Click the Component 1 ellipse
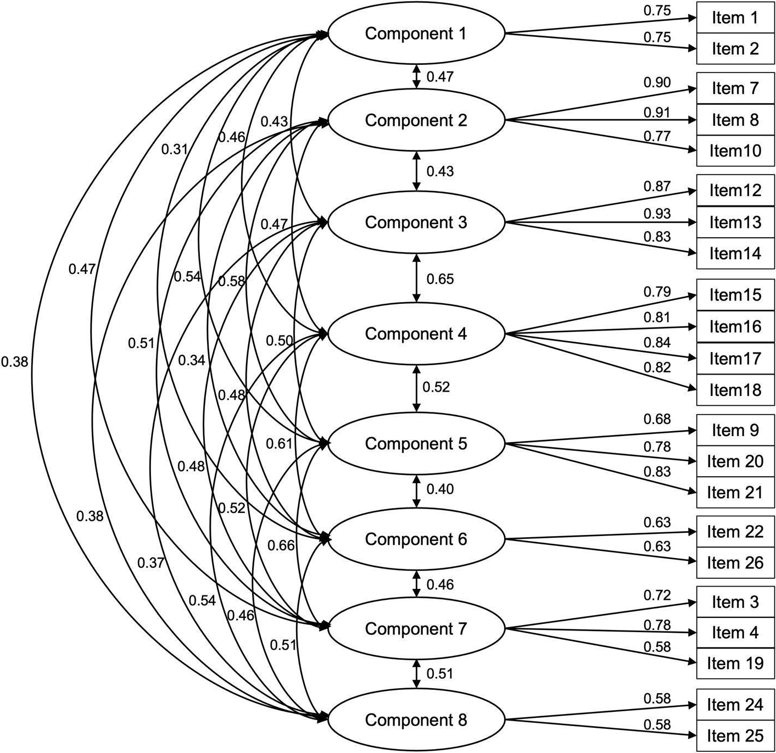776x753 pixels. (x=416, y=34)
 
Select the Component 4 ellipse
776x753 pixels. (x=416, y=334)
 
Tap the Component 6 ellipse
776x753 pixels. (x=416, y=539)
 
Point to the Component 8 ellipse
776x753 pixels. (x=416, y=720)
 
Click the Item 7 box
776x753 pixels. (x=735, y=88)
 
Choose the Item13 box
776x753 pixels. (x=735, y=222)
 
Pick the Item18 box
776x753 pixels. (x=735, y=390)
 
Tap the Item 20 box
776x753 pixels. (x=735, y=461)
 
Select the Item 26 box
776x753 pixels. (x=735, y=563)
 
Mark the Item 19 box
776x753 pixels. (x=735, y=663)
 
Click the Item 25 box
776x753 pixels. (x=735, y=735)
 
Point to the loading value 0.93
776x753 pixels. (x=657, y=214)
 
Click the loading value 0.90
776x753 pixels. (x=657, y=82)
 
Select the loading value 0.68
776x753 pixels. (x=657, y=420)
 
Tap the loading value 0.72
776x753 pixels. (x=657, y=595)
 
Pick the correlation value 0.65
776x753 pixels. (x=440, y=279)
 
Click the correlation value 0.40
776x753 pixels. (x=440, y=489)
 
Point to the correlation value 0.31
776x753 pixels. (x=175, y=149)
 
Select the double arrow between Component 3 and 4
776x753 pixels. (x=417, y=277)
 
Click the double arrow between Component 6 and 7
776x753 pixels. (x=417, y=584)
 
